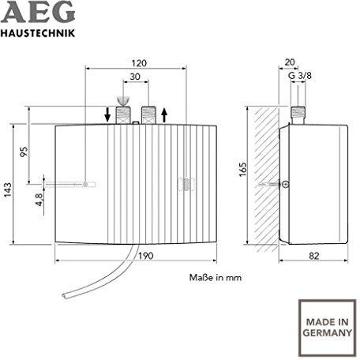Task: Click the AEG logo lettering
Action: coord(39,12)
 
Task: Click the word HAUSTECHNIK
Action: coord(38,33)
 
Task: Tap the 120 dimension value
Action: coord(139,63)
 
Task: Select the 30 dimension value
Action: coord(135,77)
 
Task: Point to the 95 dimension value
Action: coord(24,152)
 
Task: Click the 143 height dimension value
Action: coord(8,190)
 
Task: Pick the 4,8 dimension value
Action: coord(39,200)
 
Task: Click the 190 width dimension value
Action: coord(146,256)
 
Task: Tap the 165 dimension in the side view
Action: coord(243,170)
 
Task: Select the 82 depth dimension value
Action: coord(314,256)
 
